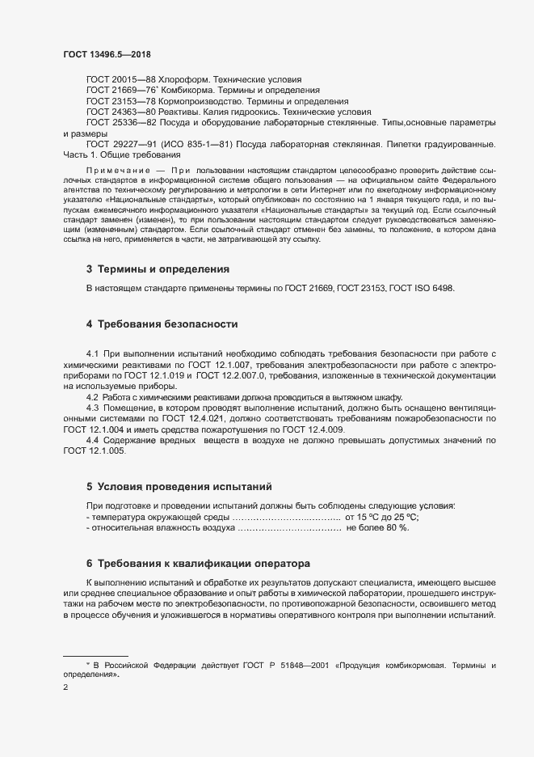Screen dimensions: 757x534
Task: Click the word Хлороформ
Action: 181,80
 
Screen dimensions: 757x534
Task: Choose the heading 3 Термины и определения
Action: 158,268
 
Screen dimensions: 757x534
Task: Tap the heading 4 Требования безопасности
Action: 162,324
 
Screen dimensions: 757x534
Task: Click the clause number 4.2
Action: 92,398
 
